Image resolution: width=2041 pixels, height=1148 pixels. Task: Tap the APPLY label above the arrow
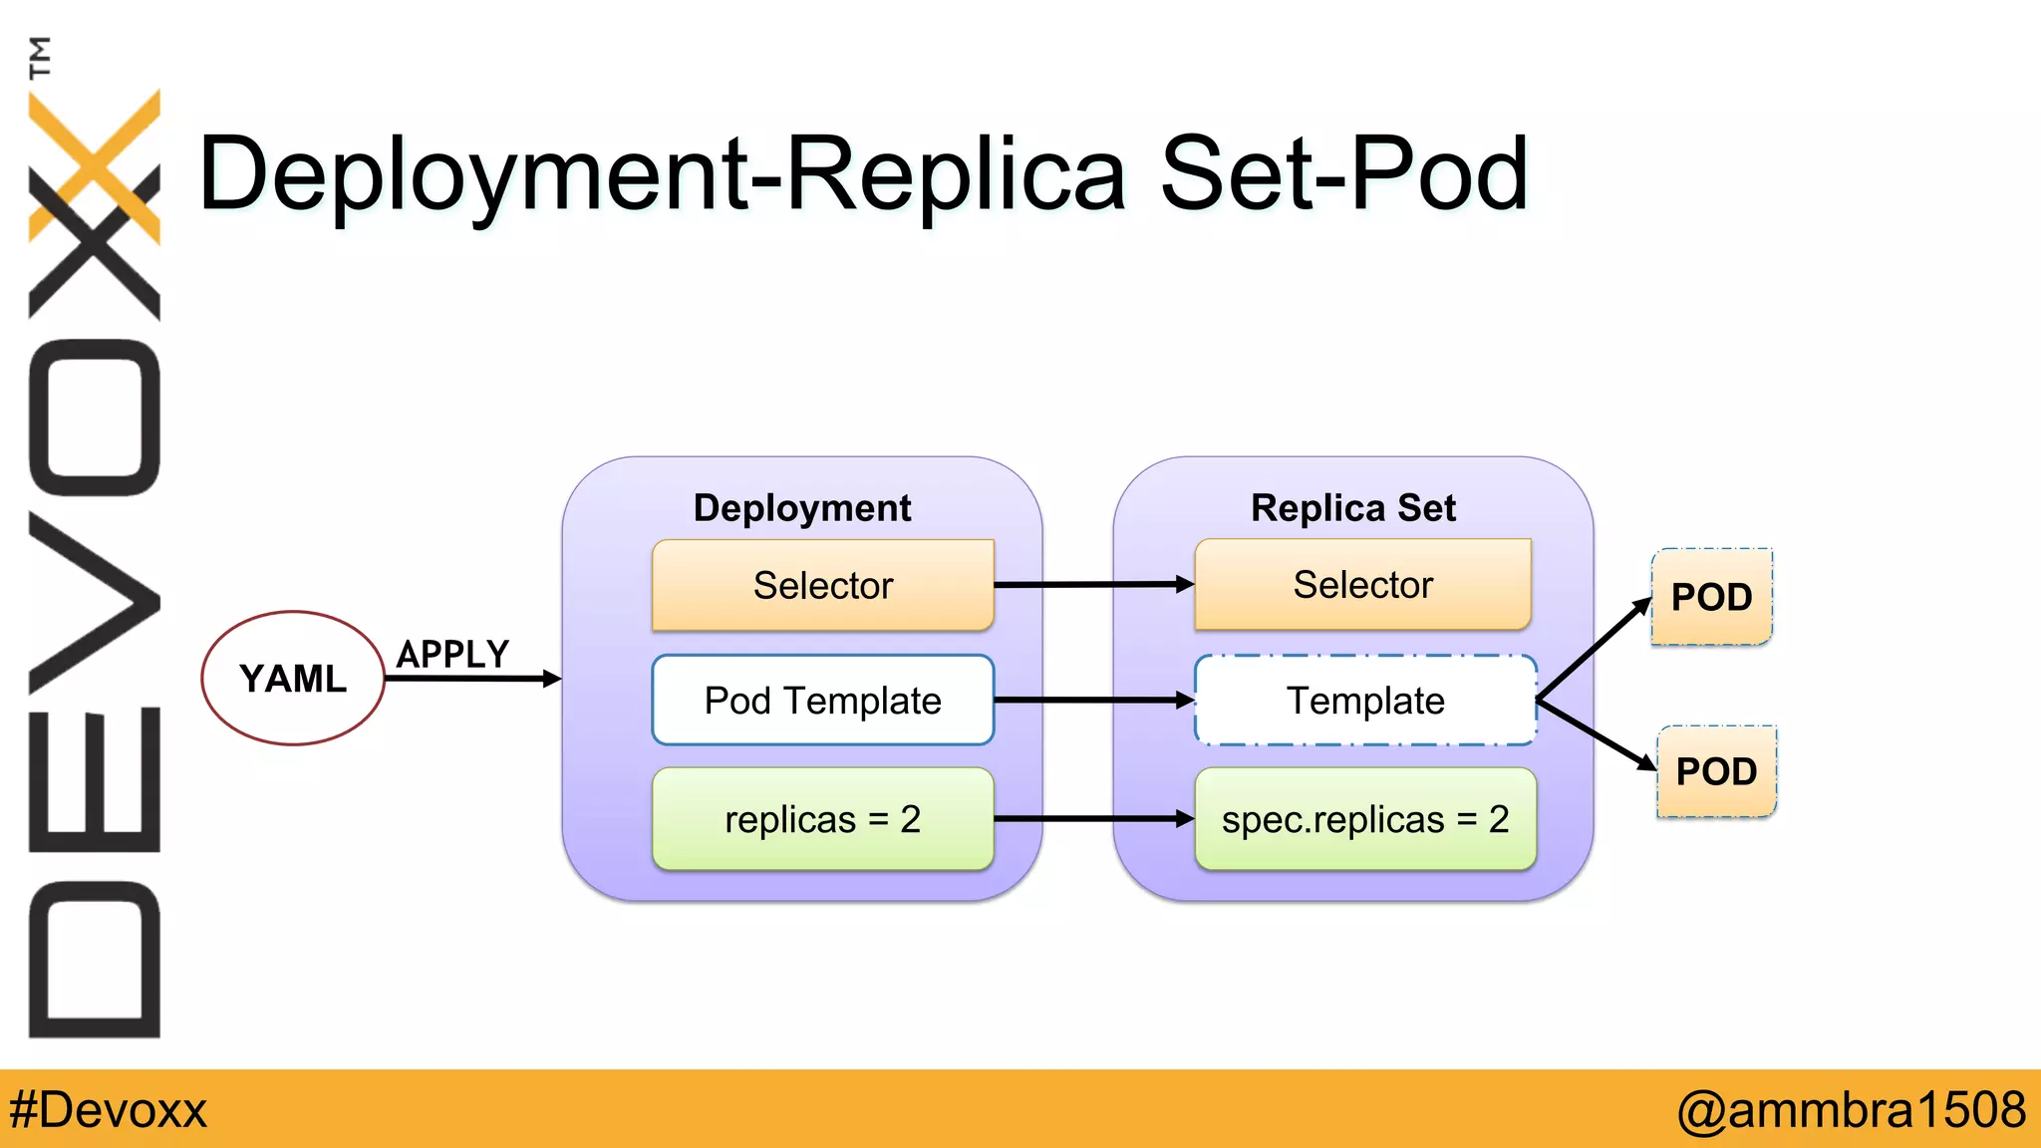(453, 655)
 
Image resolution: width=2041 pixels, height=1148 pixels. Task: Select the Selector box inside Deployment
(823, 585)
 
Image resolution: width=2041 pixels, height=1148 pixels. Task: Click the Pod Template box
(823, 700)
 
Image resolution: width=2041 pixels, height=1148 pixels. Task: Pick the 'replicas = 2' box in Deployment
(823, 819)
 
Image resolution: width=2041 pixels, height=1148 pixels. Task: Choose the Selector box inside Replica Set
(1363, 584)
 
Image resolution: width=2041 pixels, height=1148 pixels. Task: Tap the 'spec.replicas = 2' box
(1365, 819)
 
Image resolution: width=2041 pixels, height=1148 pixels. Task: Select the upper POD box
(1712, 597)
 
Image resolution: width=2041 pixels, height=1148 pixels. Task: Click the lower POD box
(1716, 771)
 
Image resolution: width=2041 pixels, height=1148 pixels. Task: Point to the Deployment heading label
(802, 508)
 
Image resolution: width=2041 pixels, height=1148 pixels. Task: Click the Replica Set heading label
(1353, 508)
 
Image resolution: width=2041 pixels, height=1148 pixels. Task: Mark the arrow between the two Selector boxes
(1094, 585)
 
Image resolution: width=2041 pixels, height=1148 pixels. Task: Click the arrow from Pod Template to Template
(1094, 701)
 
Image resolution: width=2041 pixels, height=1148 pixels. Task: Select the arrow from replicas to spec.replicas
(1094, 819)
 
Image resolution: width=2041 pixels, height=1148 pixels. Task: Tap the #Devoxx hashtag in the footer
(108, 1110)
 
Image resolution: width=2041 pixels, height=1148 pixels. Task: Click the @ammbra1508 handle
(1852, 1110)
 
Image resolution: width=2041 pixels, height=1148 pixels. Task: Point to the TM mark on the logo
(40, 57)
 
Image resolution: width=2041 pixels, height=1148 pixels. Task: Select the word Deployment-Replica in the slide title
(663, 175)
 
